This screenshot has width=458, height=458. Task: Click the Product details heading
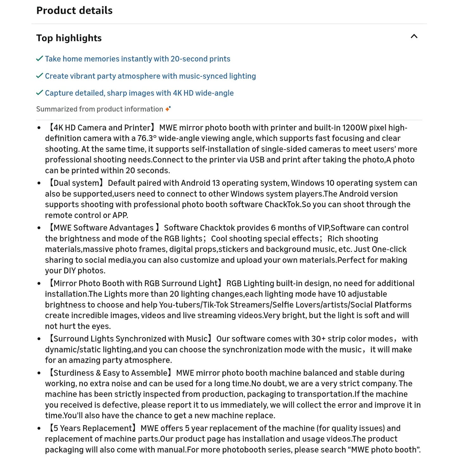[x=74, y=10]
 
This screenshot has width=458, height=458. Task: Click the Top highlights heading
[x=69, y=38]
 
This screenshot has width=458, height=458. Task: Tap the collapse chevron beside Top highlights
[x=414, y=36]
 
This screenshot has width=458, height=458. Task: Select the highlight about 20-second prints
[x=137, y=59]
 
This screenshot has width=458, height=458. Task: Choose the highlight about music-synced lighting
[x=150, y=76]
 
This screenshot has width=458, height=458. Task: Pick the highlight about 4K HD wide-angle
[x=139, y=93]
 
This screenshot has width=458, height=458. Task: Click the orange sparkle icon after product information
[x=168, y=109]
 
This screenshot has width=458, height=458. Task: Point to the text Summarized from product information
[x=100, y=109]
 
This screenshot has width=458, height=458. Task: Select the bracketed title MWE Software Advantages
[x=103, y=228]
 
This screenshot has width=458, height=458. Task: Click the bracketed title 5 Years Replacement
[x=92, y=429]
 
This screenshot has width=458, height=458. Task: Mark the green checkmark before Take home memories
[x=40, y=59]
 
